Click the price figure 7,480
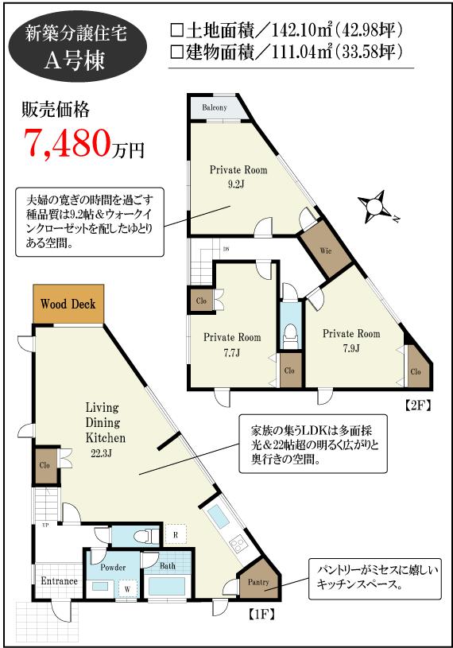click(68, 142)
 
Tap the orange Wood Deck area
click(68, 304)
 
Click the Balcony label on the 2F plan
click(214, 107)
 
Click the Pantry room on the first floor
click(258, 582)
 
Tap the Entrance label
click(59, 581)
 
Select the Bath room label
click(168, 567)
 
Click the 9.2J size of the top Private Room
click(238, 184)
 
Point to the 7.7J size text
click(232, 352)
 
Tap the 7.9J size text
click(350, 348)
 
